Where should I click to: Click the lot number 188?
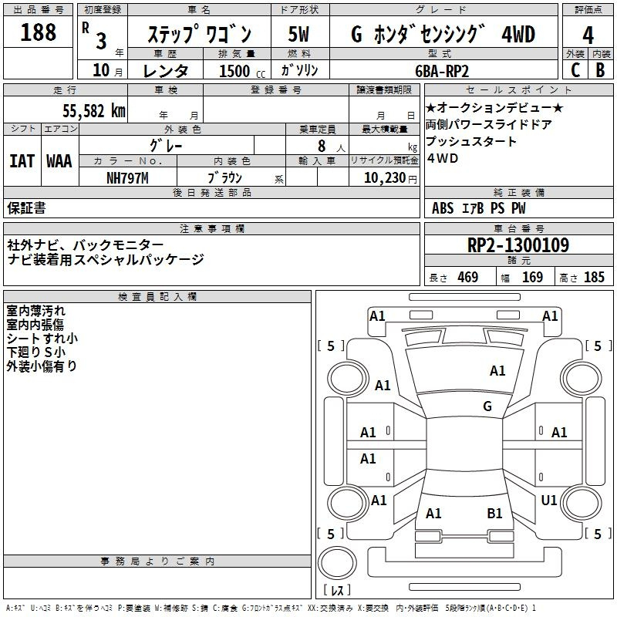point(39,32)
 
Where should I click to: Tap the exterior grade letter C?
point(575,69)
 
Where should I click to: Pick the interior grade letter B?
point(600,69)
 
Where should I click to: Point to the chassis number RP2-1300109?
point(518,245)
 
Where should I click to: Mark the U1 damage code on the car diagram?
point(549,501)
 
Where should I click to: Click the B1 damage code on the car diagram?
point(494,513)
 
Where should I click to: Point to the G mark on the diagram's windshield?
point(487,406)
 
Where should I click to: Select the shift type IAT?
point(22,161)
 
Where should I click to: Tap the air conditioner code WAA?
point(59,161)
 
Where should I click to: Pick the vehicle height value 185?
point(594,277)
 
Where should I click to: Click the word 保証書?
point(26,207)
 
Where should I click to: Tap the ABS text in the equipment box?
point(443,207)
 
